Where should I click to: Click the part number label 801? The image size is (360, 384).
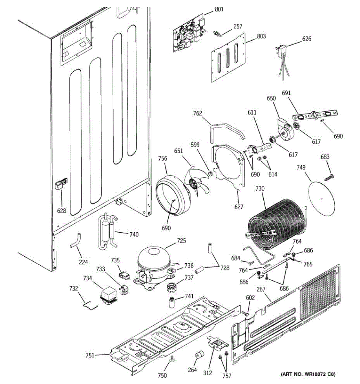[219, 9]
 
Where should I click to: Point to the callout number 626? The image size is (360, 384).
[307, 39]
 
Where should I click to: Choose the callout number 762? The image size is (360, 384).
[197, 113]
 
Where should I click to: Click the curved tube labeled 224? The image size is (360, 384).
[76, 241]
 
